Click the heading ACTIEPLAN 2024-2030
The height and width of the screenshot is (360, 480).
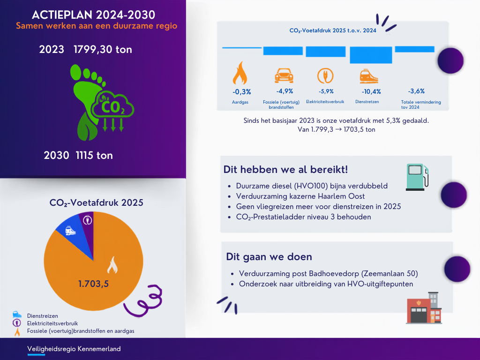coord(93,15)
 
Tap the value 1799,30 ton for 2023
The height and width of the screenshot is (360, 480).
coord(103,49)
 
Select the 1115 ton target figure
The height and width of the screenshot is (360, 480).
coord(94,155)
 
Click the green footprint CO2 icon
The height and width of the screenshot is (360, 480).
coord(102,102)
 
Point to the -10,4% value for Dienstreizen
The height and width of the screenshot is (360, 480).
coord(371,91)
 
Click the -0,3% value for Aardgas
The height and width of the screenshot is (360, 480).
coord(241,91)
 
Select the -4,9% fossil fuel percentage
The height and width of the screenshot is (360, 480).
coord(285,91)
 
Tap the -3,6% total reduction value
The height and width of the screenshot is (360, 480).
coord(416,91)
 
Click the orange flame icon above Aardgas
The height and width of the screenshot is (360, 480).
coord(240,73)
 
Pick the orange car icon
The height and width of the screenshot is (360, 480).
coord(284,75)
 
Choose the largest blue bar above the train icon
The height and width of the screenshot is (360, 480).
coord(371,55)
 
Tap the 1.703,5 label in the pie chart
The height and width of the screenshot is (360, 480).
coord(93,284)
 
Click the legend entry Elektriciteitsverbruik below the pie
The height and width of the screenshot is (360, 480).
coord(52,323)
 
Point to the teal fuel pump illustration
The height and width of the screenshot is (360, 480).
coord(417,177)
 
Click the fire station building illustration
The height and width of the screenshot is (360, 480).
coord(424,307)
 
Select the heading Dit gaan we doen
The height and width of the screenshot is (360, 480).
coord(269,256)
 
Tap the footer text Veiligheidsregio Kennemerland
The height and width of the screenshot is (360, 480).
coord(74,349)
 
